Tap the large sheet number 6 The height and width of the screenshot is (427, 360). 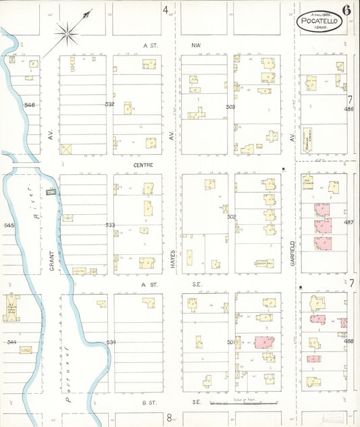(x=346, y=9)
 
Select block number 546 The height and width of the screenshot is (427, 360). (x=29, y=105)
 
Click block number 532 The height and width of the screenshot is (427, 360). (x=109, y=104)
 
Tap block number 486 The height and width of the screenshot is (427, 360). (x=349, y=109)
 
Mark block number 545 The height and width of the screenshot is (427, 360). (x=9, y=224)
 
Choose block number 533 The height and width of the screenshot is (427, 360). (x=110, y=224)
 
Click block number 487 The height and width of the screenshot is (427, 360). (x=349, y=222)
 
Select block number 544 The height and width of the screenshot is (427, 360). (x=11, y=342)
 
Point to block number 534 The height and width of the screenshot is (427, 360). (x=111, y=342)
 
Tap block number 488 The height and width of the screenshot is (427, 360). (x=349, y=341)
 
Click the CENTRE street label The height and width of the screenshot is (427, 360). (x=143, y=164)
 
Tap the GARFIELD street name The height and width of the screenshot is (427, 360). (x=292, y=252)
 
